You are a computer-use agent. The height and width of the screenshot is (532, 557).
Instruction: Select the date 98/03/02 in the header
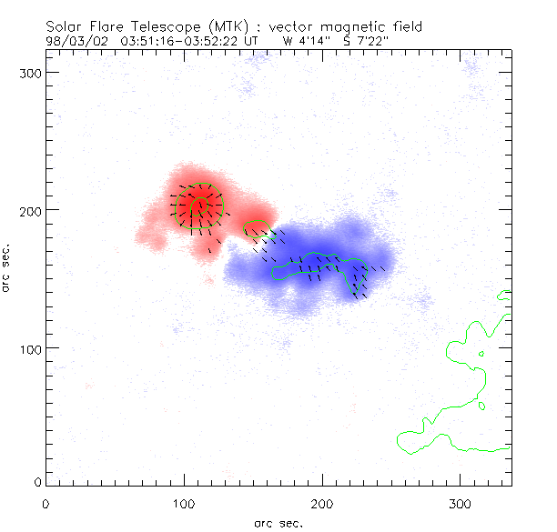pyautogui.click(x=73, y=41)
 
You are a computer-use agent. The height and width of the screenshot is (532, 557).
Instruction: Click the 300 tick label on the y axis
pyautogui.click(x=29, y=72)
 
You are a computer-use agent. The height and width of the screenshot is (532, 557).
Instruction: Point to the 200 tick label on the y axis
pyautogui.click(x=29, y=210)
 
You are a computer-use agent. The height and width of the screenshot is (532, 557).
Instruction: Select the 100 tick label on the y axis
pyautogui.click(x=29, y=348)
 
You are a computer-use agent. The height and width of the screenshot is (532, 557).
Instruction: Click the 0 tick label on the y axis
pyautogui.click(x=36, y=480)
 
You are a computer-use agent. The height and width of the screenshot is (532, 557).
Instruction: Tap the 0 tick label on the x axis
pyautogui.click(x=46, y=501)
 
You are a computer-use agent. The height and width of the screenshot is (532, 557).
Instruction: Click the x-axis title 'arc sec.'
pyautogui.click(x=278, y=522)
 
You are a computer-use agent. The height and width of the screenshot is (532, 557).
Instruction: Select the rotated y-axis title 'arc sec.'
pyautogui.click(x=7, y=268)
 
